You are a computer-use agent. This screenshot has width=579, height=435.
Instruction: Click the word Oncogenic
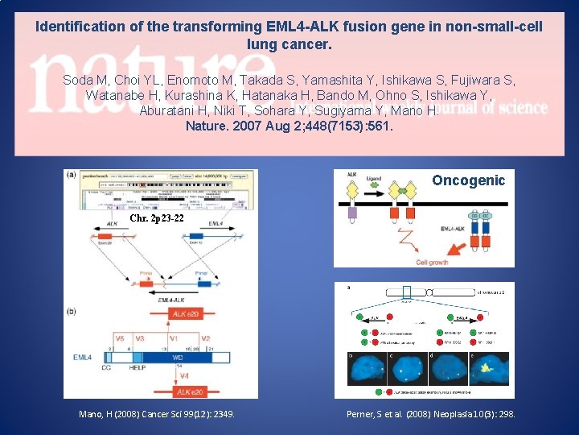pos(468,180)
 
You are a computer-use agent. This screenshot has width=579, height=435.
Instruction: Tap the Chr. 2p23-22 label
pos(156,218)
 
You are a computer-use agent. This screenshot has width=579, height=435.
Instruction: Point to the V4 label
pos(186,375)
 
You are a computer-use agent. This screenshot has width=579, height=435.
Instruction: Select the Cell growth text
pos(432,262)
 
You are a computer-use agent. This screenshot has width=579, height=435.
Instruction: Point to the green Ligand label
pos(373,177)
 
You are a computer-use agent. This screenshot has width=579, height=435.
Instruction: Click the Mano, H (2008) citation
pos(156,414)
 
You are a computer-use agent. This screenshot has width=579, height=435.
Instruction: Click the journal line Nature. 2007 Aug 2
pos(289,126)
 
